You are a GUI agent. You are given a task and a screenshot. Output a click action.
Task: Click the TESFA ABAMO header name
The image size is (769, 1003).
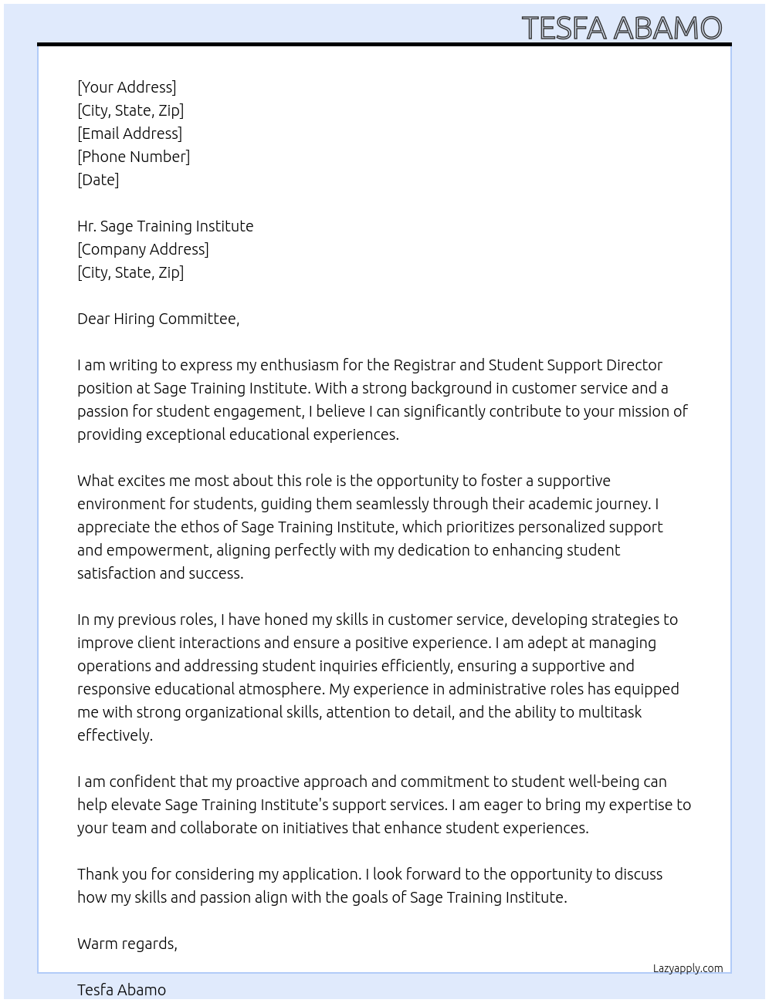coord(622,28)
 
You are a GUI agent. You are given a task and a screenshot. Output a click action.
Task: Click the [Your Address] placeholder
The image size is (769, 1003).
coord(127,87)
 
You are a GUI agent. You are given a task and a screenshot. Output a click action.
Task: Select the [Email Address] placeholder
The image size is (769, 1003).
coord(130,133)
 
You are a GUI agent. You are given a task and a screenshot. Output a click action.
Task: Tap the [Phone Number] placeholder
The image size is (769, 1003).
coord(134,157)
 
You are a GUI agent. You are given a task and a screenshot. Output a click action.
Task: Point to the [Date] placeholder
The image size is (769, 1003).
coord(98,180)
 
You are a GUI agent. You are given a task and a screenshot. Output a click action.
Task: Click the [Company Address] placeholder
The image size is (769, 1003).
coord(143,249)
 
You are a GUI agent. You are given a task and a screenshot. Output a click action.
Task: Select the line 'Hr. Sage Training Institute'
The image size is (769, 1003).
coord(165,226)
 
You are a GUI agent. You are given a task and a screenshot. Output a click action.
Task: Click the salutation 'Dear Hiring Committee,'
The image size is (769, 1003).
coord(158,319)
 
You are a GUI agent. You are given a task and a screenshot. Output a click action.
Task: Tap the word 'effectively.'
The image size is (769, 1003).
coord(115,735)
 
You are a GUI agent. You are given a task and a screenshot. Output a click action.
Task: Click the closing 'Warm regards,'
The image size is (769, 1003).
coord(127,944)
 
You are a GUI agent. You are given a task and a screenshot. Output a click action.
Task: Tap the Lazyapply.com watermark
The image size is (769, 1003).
coord(688,968)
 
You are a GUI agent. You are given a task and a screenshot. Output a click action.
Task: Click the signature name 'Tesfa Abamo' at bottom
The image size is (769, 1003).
coord(121,990)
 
